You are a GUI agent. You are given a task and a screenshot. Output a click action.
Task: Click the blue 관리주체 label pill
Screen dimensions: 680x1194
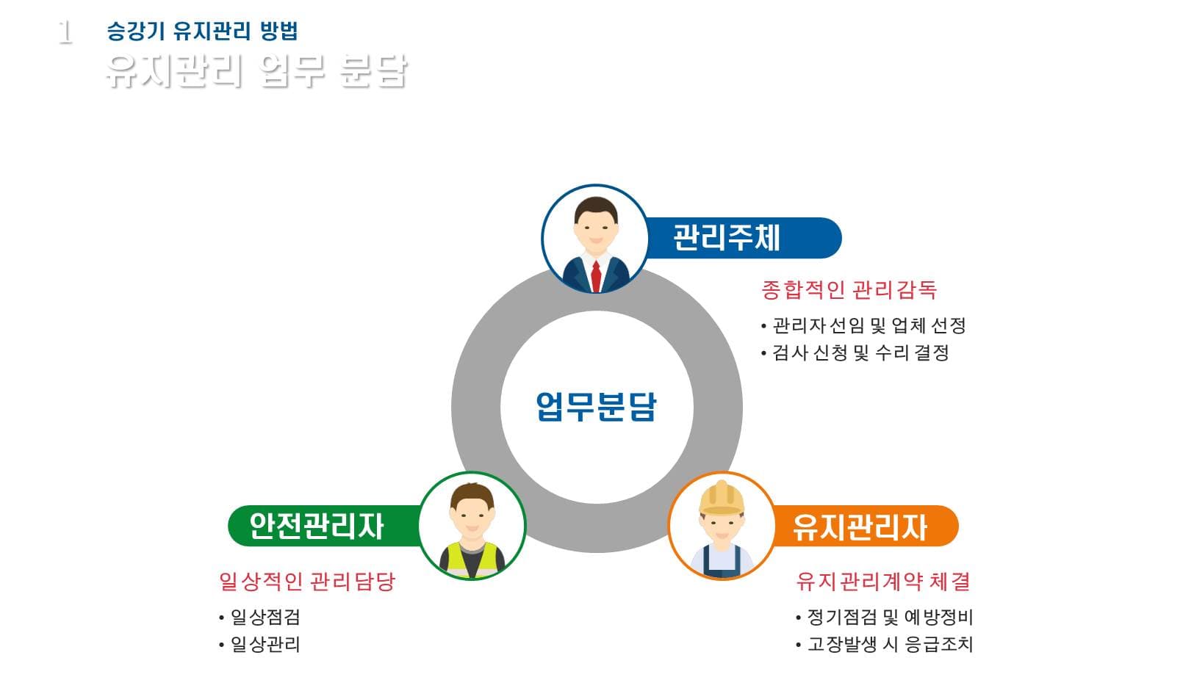click(742, 238)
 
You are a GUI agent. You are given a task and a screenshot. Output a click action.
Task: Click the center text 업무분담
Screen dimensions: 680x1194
click(596, 406)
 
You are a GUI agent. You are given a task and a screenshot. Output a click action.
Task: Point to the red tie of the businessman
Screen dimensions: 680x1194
click(596, 275)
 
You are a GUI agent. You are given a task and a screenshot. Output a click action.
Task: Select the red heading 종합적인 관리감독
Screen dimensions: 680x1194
click(849, 290)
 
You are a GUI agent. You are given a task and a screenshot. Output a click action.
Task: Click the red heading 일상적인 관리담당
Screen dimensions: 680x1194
click(307, 582)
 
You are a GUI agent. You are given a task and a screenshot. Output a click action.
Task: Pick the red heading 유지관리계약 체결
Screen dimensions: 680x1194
click(883, 582)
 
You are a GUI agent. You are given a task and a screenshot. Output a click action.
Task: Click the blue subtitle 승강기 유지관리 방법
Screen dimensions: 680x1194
click(202, 32)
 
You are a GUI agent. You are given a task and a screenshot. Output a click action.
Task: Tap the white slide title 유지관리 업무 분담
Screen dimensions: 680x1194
click(256, 71)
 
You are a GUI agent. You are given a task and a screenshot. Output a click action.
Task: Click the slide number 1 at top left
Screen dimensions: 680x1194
click(65, 33)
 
